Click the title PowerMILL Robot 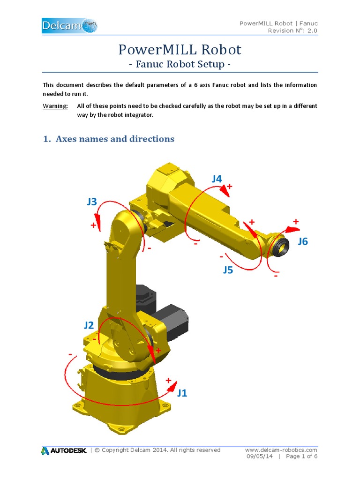tap(180, 49)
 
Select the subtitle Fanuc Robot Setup tap(180, 64)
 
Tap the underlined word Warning tap(55, 106)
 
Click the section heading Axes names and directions tap(109, 139)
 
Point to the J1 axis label tap(182, 393)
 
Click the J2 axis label tap(89, 325)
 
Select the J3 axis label tap(92, 202)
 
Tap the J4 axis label tap(217, 178)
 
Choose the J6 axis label tap(303, 241)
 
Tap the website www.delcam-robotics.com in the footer tap(281, 450)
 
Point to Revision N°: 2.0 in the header tap(292, 31)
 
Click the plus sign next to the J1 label tap(168, 380)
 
